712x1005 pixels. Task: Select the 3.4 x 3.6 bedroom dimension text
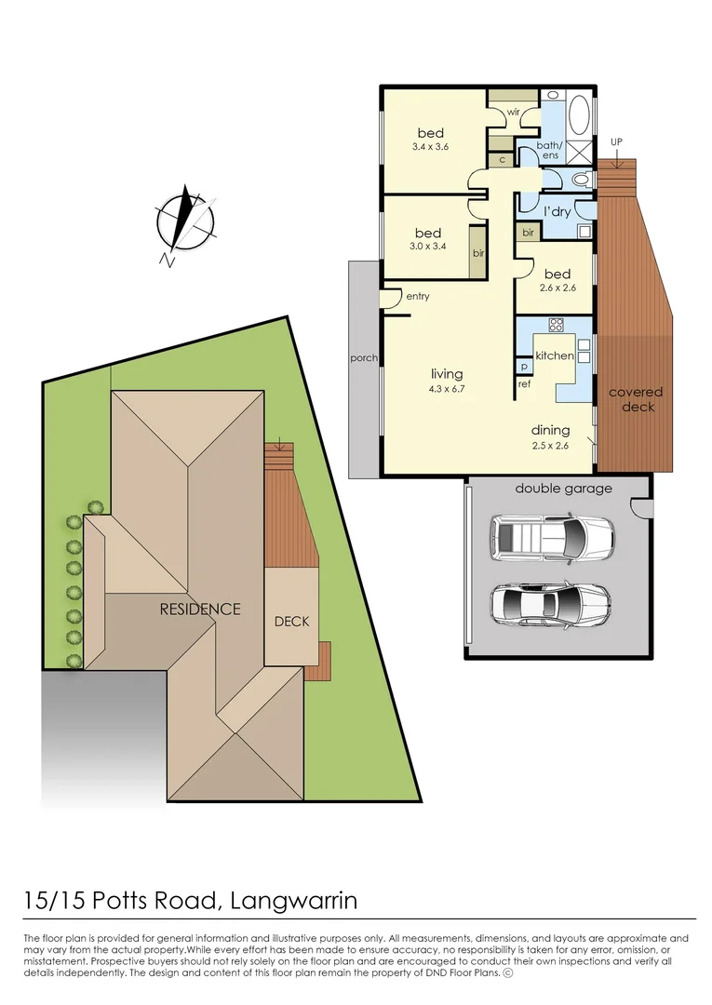click(x=430, y=147)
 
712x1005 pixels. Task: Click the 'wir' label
click(x=513, y=113)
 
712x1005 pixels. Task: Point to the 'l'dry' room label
click(x=557, y=212)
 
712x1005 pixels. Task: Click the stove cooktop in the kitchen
click(x=557, y=325)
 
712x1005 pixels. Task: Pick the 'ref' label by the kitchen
click(x=524, y=383)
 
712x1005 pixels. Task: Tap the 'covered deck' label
click(x=635, y=399)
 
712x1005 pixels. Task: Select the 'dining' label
click(x=549, y=430)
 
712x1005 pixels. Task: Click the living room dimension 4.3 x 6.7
click(x=447, y=388)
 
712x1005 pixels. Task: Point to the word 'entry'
click(x=418, y=296)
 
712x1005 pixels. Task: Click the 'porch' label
click(x=363, y=357)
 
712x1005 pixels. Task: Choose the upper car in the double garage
click(x=552, y=538)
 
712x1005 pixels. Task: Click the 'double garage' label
click(x=563, y=489)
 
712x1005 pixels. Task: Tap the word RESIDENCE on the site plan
click(x=200, y=610)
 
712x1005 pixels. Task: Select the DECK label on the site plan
click(x=291, y=622)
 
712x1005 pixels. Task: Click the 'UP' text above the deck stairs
click(x=616, y=141)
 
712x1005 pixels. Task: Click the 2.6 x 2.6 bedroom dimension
click(x=557, y=288)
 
